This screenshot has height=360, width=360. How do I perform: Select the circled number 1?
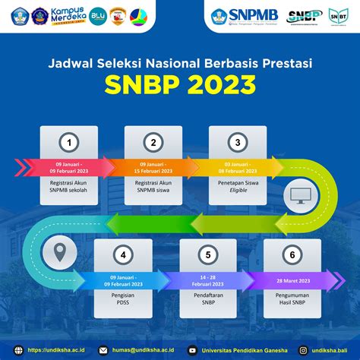coord(70,142)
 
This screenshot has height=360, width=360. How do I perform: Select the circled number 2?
coord(154,142)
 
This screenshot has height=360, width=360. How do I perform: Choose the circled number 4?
coord(123,255)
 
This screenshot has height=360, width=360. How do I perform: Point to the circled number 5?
coord(207,255)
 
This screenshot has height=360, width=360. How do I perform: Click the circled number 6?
coord(291,255)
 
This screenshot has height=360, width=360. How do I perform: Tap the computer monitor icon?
coord(298,196)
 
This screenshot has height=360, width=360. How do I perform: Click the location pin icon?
coord(57,250)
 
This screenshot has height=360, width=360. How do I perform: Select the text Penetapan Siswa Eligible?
coord(236,186)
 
